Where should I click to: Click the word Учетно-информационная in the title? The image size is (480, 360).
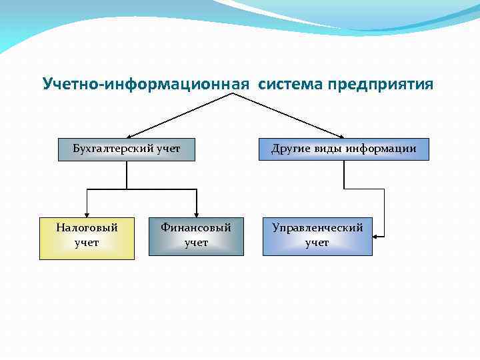click(145, 84)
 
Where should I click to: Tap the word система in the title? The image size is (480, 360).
click(289, 84)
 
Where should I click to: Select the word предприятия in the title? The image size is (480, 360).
click(379, 84)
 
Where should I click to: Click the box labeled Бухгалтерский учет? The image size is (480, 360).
click(127, 149)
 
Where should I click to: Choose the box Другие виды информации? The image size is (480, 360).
click(343, 149)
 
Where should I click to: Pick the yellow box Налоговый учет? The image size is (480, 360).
click(87, 237)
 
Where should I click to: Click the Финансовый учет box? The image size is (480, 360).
click(196, 236)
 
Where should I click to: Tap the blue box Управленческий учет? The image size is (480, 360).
click(317, 236)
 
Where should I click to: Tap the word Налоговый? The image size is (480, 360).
click(87, 228)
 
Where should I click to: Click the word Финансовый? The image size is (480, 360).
click(196, 228)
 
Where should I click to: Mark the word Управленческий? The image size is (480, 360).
click(317, 228)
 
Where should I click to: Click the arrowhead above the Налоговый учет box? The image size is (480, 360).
click(87, 213)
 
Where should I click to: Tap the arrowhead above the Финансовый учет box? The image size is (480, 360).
click(196, 213)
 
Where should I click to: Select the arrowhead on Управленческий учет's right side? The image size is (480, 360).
click(377, 236)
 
